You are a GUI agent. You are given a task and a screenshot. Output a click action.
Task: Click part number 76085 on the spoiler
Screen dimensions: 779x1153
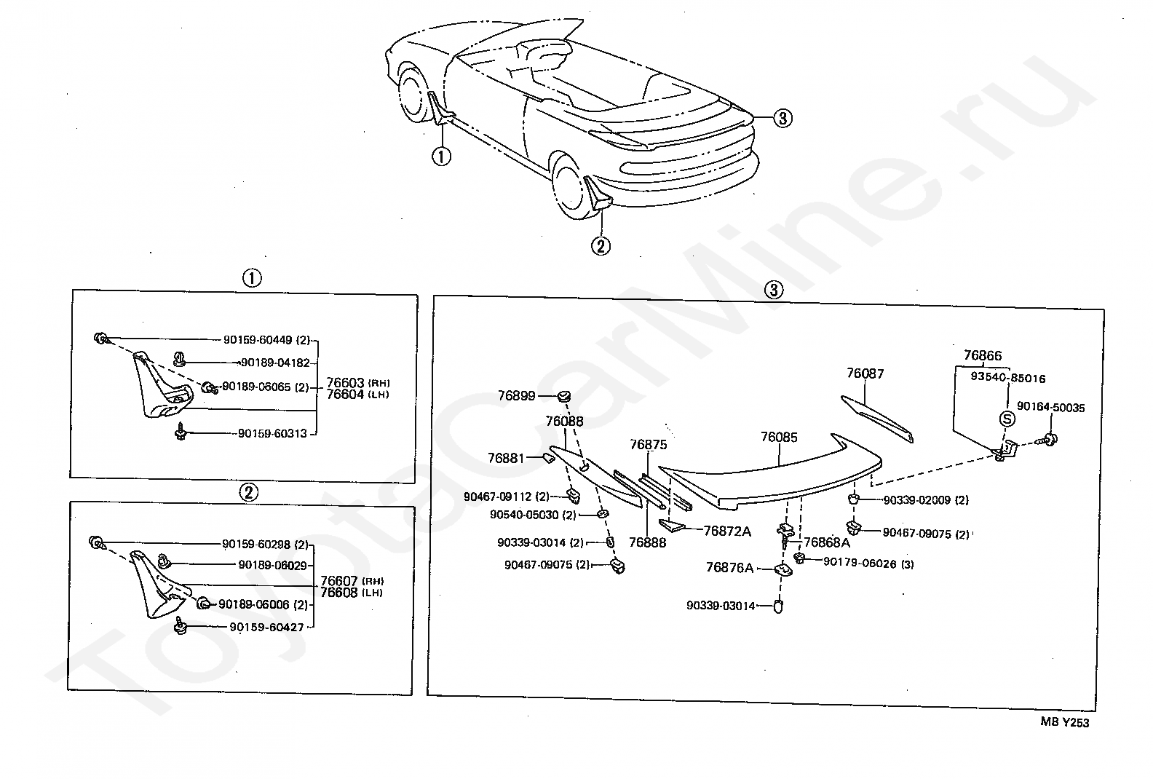779,438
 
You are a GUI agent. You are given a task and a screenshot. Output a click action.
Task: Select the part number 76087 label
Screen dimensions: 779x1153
865,373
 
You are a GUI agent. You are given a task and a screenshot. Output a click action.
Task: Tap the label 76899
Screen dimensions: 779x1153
516,396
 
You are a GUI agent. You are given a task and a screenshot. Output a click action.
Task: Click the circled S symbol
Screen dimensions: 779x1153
1007,419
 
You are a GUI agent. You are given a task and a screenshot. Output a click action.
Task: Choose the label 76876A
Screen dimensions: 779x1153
729,568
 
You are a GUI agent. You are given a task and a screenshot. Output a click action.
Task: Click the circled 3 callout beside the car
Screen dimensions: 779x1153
782,118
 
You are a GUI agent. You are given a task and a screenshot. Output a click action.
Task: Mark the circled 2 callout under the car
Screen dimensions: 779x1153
601,246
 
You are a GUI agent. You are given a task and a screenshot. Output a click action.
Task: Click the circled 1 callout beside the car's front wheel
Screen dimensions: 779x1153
441,155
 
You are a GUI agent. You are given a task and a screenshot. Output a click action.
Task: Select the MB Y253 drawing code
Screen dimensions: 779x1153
1064,722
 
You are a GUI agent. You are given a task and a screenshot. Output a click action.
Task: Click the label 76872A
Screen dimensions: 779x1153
726,531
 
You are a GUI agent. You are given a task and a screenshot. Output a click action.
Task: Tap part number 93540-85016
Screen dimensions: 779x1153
1007,379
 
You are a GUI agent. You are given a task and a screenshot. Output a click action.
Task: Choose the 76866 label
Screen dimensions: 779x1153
982,356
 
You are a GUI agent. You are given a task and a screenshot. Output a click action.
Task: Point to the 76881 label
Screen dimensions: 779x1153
506,458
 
